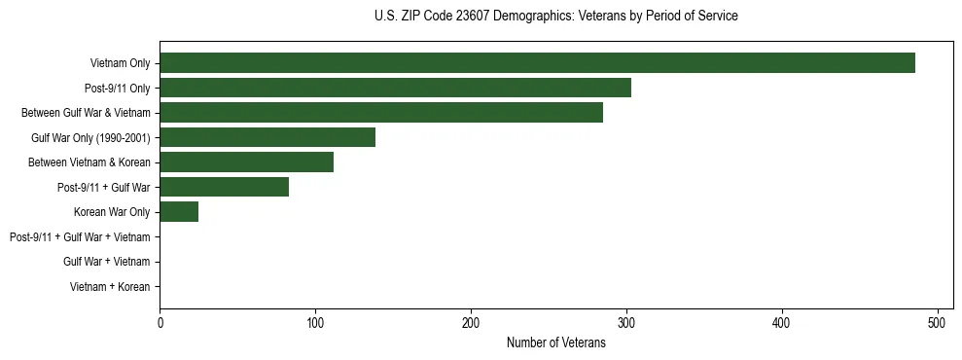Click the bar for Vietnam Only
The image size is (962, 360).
click(537, 63)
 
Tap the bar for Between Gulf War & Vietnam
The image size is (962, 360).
click(381, 113)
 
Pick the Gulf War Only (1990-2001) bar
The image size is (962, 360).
click(267, 137)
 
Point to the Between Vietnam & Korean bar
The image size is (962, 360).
click(246, 162)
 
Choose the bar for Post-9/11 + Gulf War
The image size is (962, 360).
click(224, 187)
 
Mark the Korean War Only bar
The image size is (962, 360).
click(179, 212)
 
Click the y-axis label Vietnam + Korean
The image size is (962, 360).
click(110, 287)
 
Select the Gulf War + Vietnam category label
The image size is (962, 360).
click(106, 262)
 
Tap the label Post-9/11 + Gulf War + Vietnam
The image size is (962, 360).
click(79, 237)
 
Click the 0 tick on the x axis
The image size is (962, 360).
click(160, 323)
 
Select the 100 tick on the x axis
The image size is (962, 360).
click(315, 323)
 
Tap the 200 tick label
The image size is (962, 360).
click(471, 323)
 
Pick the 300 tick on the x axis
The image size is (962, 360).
click(626, 323)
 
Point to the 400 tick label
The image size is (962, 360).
click(782, 323)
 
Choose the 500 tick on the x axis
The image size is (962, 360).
click(938, 323)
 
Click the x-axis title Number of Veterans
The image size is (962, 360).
click(555, 342)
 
